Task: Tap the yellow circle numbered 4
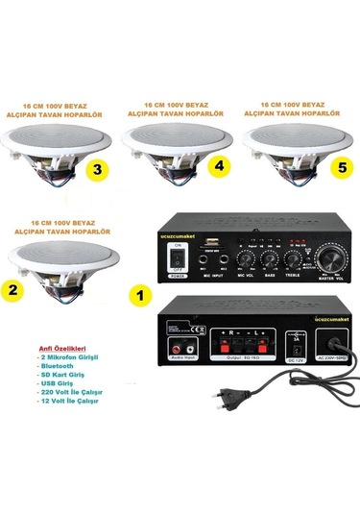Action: pos(220,165)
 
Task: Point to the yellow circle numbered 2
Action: pos(14,288)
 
